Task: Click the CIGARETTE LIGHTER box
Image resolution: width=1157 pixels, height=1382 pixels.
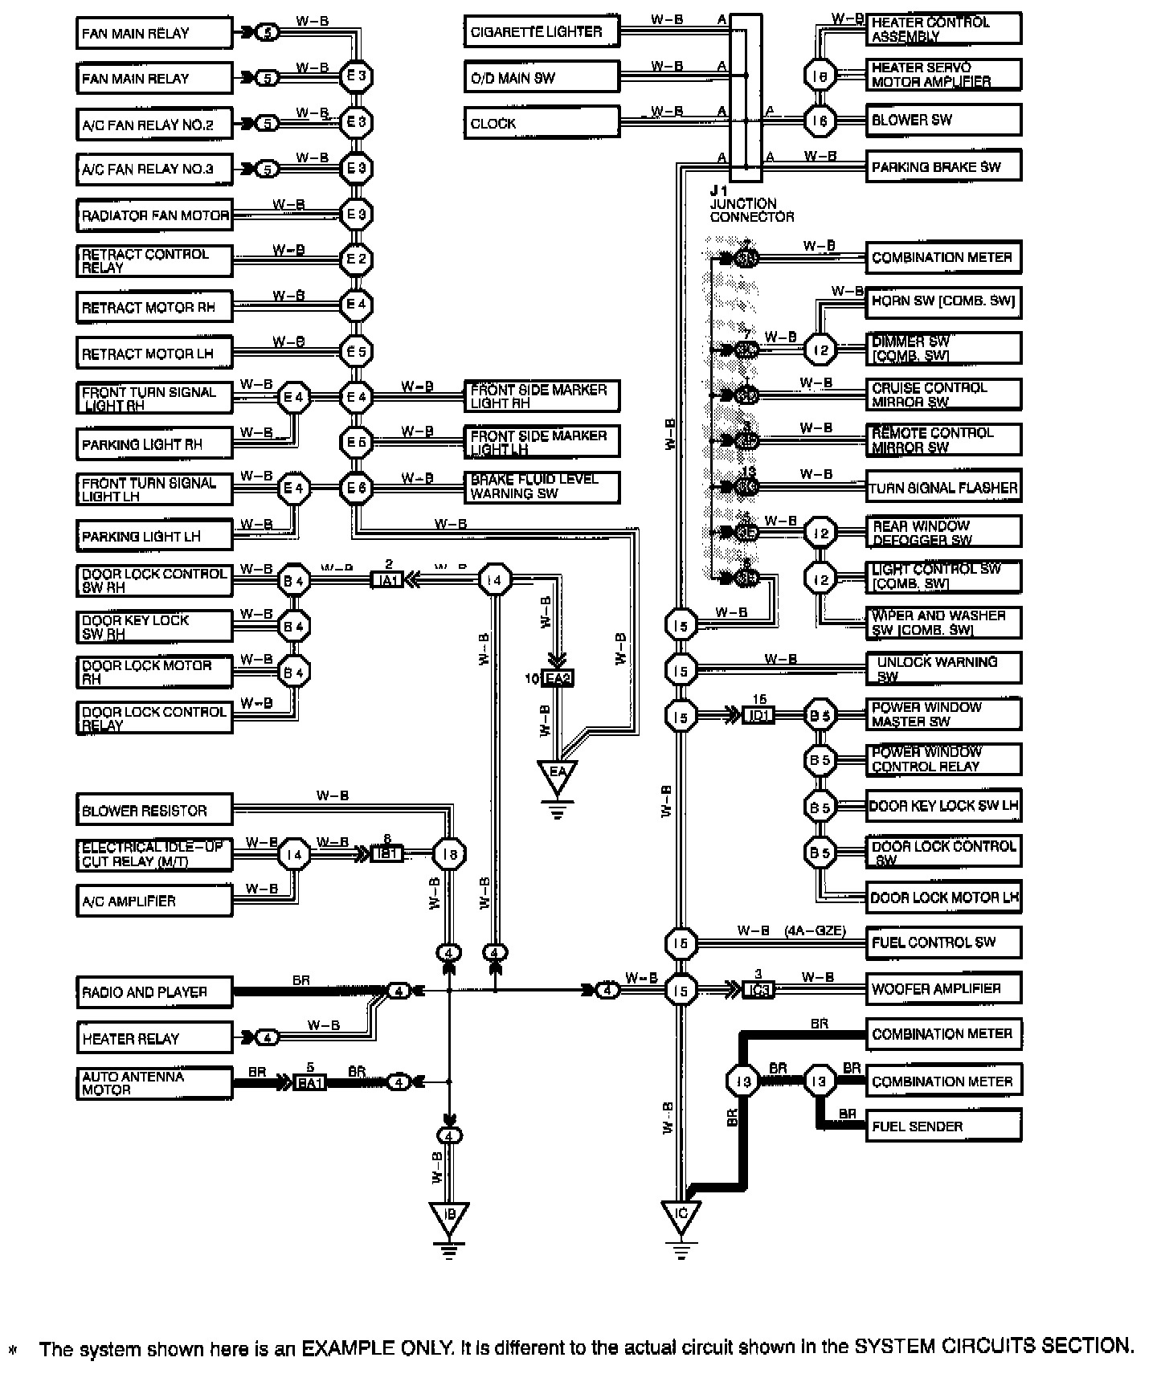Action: [542, 32]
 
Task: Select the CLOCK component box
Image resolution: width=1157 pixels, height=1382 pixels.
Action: [542, 124]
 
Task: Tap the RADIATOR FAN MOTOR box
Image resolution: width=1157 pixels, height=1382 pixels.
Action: [154, 215]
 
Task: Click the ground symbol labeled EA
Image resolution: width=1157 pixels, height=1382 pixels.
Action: [558, 776]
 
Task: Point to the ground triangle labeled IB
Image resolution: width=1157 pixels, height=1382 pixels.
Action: [449, 1218]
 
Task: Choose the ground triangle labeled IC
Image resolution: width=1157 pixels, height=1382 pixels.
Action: [681, 1216]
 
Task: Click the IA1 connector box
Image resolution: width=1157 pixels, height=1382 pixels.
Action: [387, 579]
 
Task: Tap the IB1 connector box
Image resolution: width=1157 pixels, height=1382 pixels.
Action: [388, 853]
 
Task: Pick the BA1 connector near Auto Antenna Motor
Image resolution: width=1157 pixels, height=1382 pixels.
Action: [310, 1083]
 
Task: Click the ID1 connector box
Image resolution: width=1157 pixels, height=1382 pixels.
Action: [758, 714]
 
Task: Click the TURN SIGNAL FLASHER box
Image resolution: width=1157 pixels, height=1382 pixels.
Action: [944, 488]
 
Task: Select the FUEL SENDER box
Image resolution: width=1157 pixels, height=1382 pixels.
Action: [943, 1126]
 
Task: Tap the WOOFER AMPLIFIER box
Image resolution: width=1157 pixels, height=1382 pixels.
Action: [943, 989]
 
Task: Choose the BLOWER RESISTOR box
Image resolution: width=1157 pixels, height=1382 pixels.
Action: [154, 811]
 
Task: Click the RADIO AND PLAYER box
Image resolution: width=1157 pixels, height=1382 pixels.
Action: [154, 992]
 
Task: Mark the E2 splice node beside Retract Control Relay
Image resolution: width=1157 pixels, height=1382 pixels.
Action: [355, 260]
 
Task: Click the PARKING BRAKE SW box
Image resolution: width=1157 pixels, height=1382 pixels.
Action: [943, 167]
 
